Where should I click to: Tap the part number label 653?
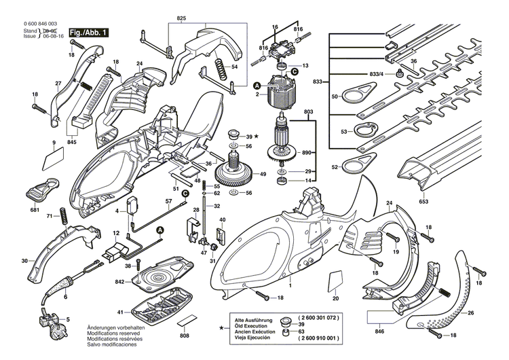tap(424, 202)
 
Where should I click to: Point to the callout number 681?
tap(35, 210)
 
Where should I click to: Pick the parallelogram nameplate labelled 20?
tap(335, 281)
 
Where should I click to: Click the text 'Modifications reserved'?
tap(113, 334)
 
